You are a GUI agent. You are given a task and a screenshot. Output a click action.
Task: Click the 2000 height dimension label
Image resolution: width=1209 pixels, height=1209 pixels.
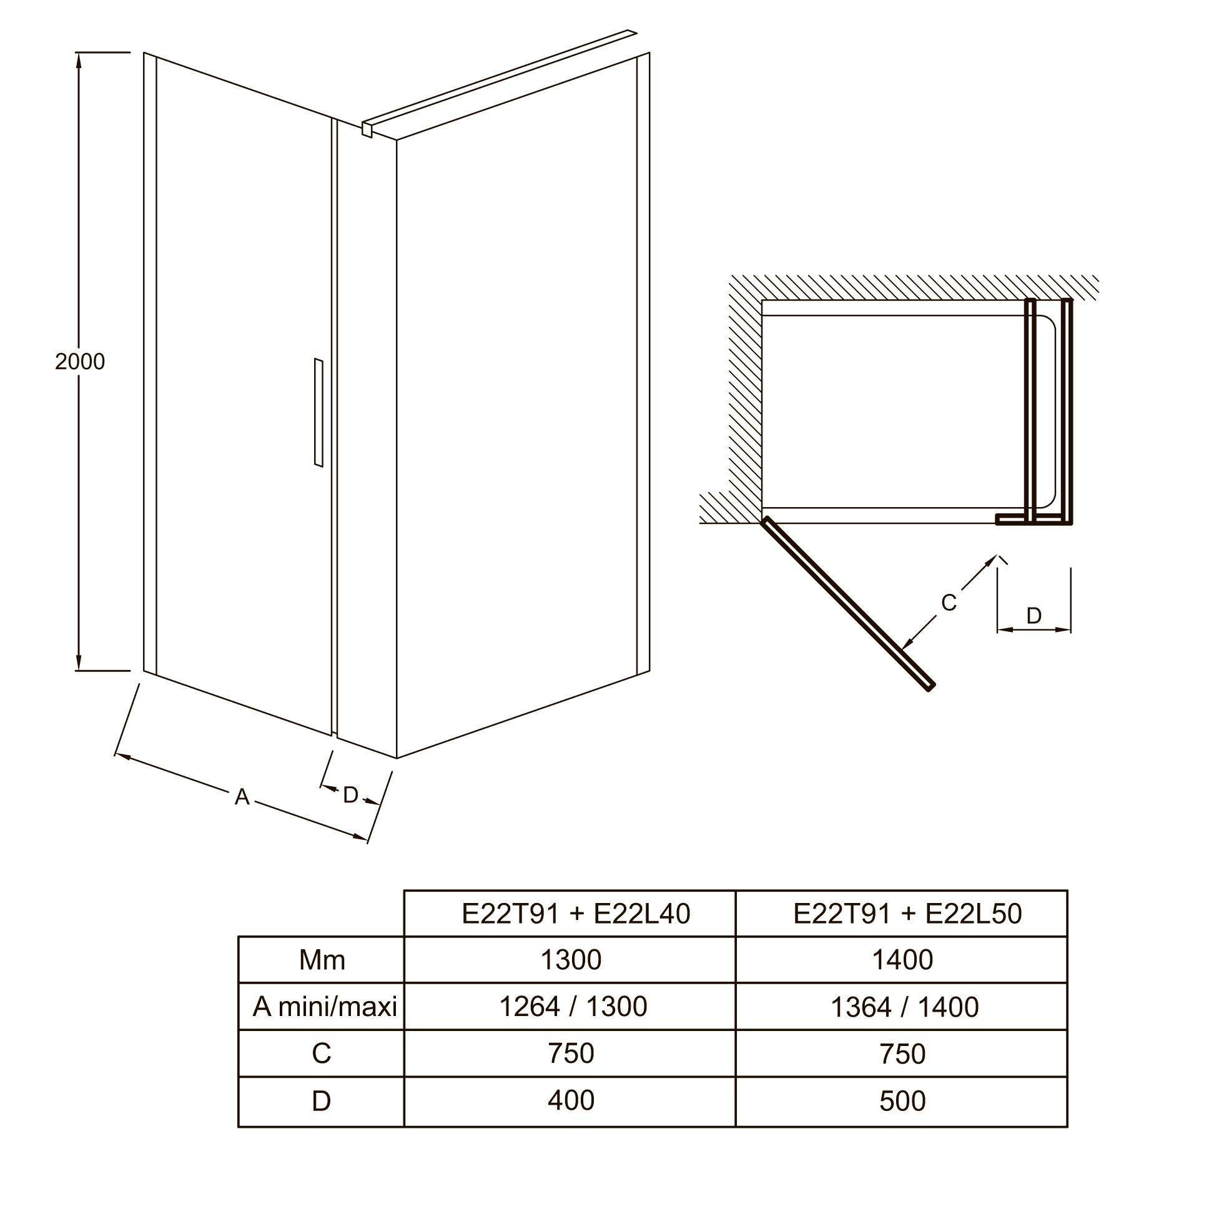(80, 362)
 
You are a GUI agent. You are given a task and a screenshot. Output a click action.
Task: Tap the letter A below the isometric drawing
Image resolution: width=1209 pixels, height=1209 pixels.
(242, 797)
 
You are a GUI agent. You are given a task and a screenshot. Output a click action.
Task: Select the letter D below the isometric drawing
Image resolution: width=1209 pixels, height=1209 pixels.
(350, 795)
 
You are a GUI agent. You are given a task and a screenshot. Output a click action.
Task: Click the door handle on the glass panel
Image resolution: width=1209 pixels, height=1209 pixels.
(318, 412)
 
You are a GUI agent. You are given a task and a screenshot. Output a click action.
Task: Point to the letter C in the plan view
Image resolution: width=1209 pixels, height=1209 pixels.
(949, 603)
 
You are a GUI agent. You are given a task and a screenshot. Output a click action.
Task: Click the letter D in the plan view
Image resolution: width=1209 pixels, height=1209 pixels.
(1034, 616)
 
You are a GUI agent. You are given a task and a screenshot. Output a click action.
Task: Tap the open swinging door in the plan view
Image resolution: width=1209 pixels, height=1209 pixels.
(848, 604)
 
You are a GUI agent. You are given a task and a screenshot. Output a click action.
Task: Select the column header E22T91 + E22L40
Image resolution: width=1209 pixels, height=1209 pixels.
(576, 914)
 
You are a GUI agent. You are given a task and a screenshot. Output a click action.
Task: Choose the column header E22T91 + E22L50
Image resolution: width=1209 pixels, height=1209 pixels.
(907, 914)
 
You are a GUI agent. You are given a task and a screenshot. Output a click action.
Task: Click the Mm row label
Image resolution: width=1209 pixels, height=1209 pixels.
(322, 960)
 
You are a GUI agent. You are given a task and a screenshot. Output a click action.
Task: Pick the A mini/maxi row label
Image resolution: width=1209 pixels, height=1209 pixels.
(325, 1007)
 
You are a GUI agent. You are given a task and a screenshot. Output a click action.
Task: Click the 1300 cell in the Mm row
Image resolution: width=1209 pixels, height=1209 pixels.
(571, 960)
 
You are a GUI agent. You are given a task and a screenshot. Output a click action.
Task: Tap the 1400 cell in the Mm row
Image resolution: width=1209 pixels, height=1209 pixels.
(902, 960)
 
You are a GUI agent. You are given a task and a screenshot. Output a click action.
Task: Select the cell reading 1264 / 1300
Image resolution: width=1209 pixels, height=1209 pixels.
(573, 1007)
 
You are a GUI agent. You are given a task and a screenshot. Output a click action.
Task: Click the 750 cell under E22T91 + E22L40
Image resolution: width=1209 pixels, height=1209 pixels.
(571, 1054)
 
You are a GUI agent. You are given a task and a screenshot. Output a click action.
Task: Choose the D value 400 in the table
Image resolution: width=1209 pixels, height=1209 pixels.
(571, 1100)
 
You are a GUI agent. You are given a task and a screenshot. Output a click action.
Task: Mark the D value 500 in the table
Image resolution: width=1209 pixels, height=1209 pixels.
(902, 1101)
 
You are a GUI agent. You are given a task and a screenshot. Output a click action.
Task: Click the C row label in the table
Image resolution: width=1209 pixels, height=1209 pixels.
(321, 1054)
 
